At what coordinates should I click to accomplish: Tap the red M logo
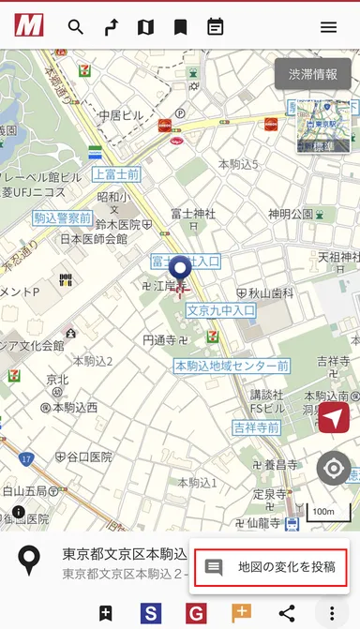(29, 26)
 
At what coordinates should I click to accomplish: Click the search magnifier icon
(76, 27)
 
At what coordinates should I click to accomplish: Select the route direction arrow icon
(111, 27)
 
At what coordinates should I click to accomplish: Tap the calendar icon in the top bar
(216, 27)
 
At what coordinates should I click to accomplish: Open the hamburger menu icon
(328, 27)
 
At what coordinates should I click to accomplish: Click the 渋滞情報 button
(312, 74)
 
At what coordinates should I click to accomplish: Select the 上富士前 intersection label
(115, 175)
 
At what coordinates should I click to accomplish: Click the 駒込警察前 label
(62, 218)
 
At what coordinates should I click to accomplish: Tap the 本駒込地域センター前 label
(231, 366)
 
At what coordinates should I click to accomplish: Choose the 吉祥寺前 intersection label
(256, 427)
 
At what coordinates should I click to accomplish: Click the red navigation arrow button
(333, 418)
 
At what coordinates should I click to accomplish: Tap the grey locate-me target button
(333, 468)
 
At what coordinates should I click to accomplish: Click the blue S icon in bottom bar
(151, 614)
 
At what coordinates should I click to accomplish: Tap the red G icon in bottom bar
(196, 614)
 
